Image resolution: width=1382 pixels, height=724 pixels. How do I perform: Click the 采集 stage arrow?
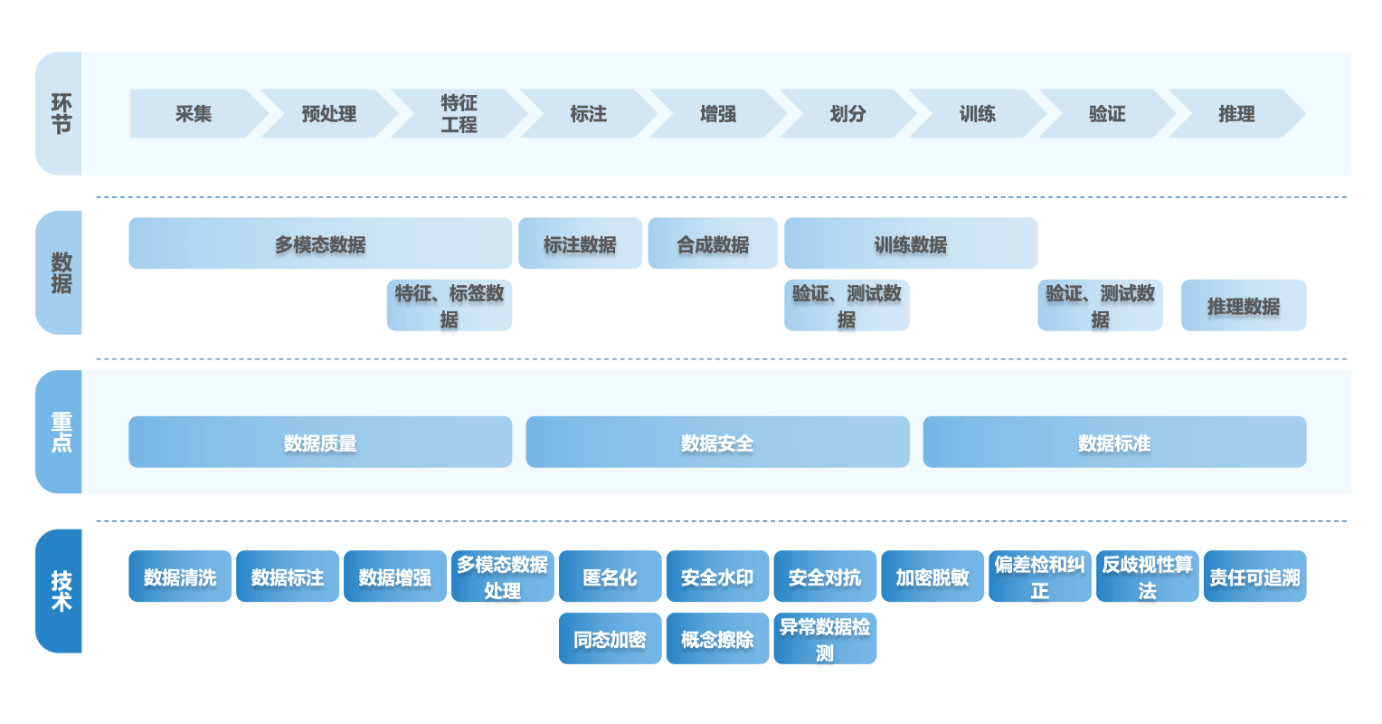click(194, 114)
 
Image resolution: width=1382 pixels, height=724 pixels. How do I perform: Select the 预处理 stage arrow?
click(328, 114)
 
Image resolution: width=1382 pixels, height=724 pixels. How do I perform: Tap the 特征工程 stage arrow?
click(459, 114)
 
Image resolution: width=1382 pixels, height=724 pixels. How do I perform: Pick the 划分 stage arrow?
click(847, 114)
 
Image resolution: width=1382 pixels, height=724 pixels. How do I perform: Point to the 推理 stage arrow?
click(1236, 114)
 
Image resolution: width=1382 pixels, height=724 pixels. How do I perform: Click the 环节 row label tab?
click(59, 114)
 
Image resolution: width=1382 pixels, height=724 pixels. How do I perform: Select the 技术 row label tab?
click(59, 591)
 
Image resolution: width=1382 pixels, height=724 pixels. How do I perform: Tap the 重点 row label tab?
click(59, 432)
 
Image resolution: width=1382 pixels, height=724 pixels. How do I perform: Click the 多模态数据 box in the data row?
click(320, 243)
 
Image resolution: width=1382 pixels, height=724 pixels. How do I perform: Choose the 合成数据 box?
click(713, 243)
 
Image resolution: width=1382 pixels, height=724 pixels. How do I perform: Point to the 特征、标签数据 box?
click(450, 306)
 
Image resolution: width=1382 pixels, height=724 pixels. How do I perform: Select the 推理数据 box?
click(1244, 306)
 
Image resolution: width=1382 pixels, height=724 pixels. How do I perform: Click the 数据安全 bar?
click(717, 443)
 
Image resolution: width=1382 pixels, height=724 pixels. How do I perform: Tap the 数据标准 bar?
click(1114, 443)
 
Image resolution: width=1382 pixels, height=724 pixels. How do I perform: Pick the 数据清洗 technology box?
click(180, 576)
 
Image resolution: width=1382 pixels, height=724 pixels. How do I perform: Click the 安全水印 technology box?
click(717, 576)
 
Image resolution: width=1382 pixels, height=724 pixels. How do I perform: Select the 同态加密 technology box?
click(610, 639)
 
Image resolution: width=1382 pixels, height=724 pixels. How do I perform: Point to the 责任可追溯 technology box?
click(1254, 576)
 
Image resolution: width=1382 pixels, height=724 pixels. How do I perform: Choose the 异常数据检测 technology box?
click(825, 639)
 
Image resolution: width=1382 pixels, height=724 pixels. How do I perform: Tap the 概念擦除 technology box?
click(717, 639)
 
